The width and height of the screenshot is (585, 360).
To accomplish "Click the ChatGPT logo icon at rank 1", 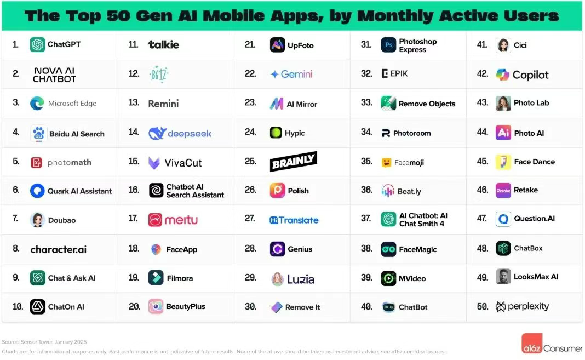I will [37, 44].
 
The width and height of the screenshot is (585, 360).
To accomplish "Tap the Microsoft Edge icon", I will [37, 104].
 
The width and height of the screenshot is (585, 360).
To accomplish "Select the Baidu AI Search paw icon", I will [38, 133].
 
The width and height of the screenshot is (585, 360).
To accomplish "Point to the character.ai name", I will [58, 249].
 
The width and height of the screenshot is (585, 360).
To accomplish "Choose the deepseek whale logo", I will [157, 133].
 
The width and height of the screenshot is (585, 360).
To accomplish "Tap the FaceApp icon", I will [156, 249].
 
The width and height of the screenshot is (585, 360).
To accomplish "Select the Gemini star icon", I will [274, 75].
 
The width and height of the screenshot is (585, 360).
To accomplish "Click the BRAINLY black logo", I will [294, 162].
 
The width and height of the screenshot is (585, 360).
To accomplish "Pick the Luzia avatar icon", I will [278, 279].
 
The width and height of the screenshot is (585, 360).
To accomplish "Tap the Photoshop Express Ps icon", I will [388, 45].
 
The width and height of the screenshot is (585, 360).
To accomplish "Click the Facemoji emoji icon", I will [386, 162].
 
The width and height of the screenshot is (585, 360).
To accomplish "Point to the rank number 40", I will [366, 307].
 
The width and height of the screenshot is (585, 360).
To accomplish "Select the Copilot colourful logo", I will [502, 75].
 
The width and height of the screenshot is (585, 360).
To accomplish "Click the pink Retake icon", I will [503, 190].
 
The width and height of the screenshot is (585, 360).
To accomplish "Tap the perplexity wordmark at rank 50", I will [528, 306].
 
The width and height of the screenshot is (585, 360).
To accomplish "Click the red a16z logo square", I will [531, 344].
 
